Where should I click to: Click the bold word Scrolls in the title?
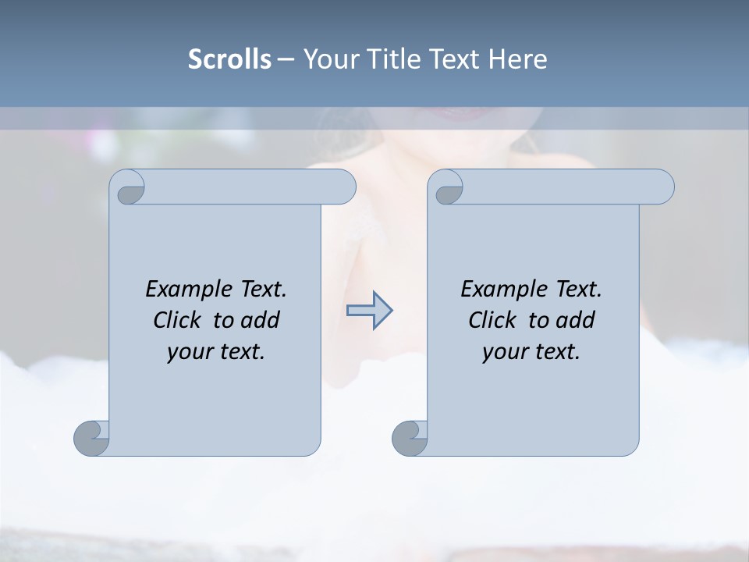229,59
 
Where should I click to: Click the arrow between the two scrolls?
369,311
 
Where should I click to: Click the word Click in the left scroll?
179,320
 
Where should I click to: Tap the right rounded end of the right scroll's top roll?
665,187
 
